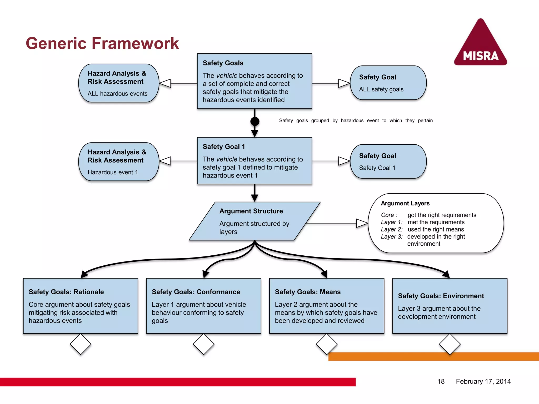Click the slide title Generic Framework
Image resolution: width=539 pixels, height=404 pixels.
click(102, 43)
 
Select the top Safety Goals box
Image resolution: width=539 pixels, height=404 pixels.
click(254, 81)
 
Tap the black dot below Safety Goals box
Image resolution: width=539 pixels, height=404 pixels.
click(255, 121)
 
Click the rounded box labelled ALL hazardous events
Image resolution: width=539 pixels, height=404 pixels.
click(118, 83)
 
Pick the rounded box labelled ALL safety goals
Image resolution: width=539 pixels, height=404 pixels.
click(388, 83)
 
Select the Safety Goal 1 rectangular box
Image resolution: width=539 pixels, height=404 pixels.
click(254, 161)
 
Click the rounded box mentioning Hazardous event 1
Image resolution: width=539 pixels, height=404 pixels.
click(118, 162)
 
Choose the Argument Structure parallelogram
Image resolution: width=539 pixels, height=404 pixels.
click(254, 221)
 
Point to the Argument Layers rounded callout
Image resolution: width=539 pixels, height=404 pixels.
click(436, 223)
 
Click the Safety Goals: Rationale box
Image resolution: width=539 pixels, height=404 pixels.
click(81, 306)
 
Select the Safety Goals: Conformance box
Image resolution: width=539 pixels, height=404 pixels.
click(203, 306)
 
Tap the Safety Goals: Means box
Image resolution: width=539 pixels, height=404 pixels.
click(327, 306)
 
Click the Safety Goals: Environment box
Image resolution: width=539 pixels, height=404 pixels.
click(450, 306)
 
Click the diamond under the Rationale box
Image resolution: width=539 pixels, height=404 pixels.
click(81, 344)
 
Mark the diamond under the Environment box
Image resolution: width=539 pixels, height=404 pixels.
click(450, 344)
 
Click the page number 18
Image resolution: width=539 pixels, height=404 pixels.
click(441, 381)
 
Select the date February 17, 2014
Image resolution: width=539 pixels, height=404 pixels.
click(483, 381)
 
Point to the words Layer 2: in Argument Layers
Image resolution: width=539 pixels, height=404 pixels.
click(392, 229)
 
